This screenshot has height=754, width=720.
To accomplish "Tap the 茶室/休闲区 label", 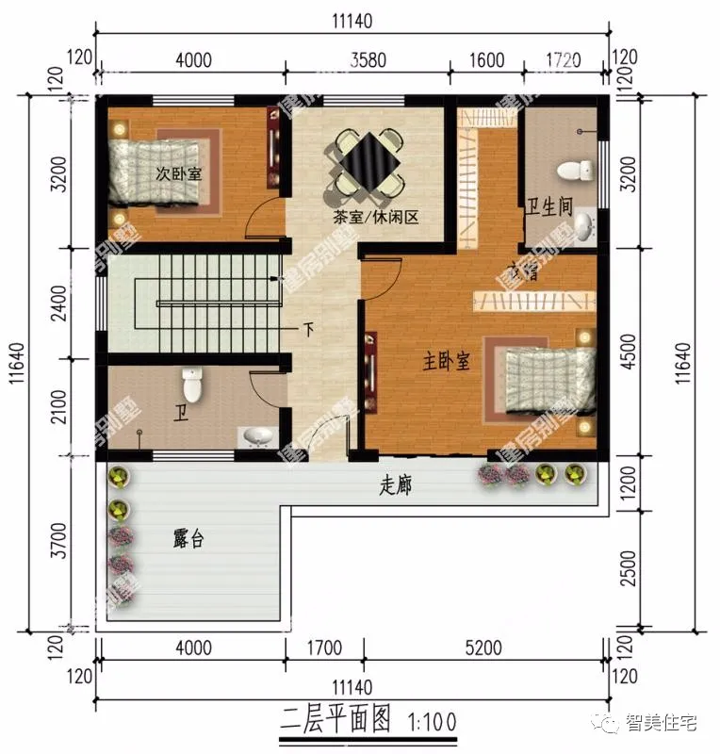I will point(374,217).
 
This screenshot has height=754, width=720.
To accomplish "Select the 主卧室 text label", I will point(446,361).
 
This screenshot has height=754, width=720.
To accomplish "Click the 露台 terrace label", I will point(188,539).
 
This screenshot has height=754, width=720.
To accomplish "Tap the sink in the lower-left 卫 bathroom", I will point(256,436).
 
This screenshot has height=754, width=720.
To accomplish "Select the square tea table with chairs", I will point(367,166).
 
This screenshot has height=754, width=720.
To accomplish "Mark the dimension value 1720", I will point(564,60).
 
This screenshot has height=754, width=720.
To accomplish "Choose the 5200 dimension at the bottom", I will point(483,647).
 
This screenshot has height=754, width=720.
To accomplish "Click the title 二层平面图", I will point(335,721).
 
